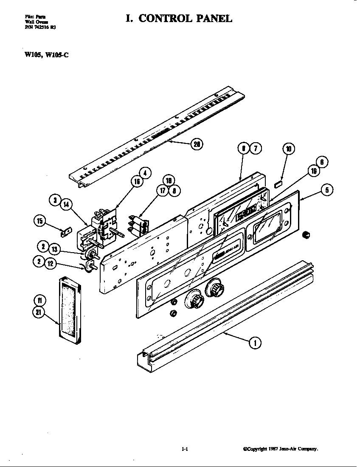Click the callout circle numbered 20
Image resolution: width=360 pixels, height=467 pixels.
point(197,144)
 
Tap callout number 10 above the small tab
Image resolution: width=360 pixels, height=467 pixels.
point(289,149)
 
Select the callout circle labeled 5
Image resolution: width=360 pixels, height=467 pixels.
point(326,189)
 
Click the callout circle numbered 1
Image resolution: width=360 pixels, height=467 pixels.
point(255,343)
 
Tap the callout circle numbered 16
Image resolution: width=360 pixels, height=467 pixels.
point(137,182)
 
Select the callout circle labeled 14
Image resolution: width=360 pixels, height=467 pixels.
point(66,205)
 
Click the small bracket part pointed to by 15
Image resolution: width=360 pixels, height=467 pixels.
point(65,232)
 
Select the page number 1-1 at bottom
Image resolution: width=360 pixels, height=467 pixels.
point(184,449)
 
